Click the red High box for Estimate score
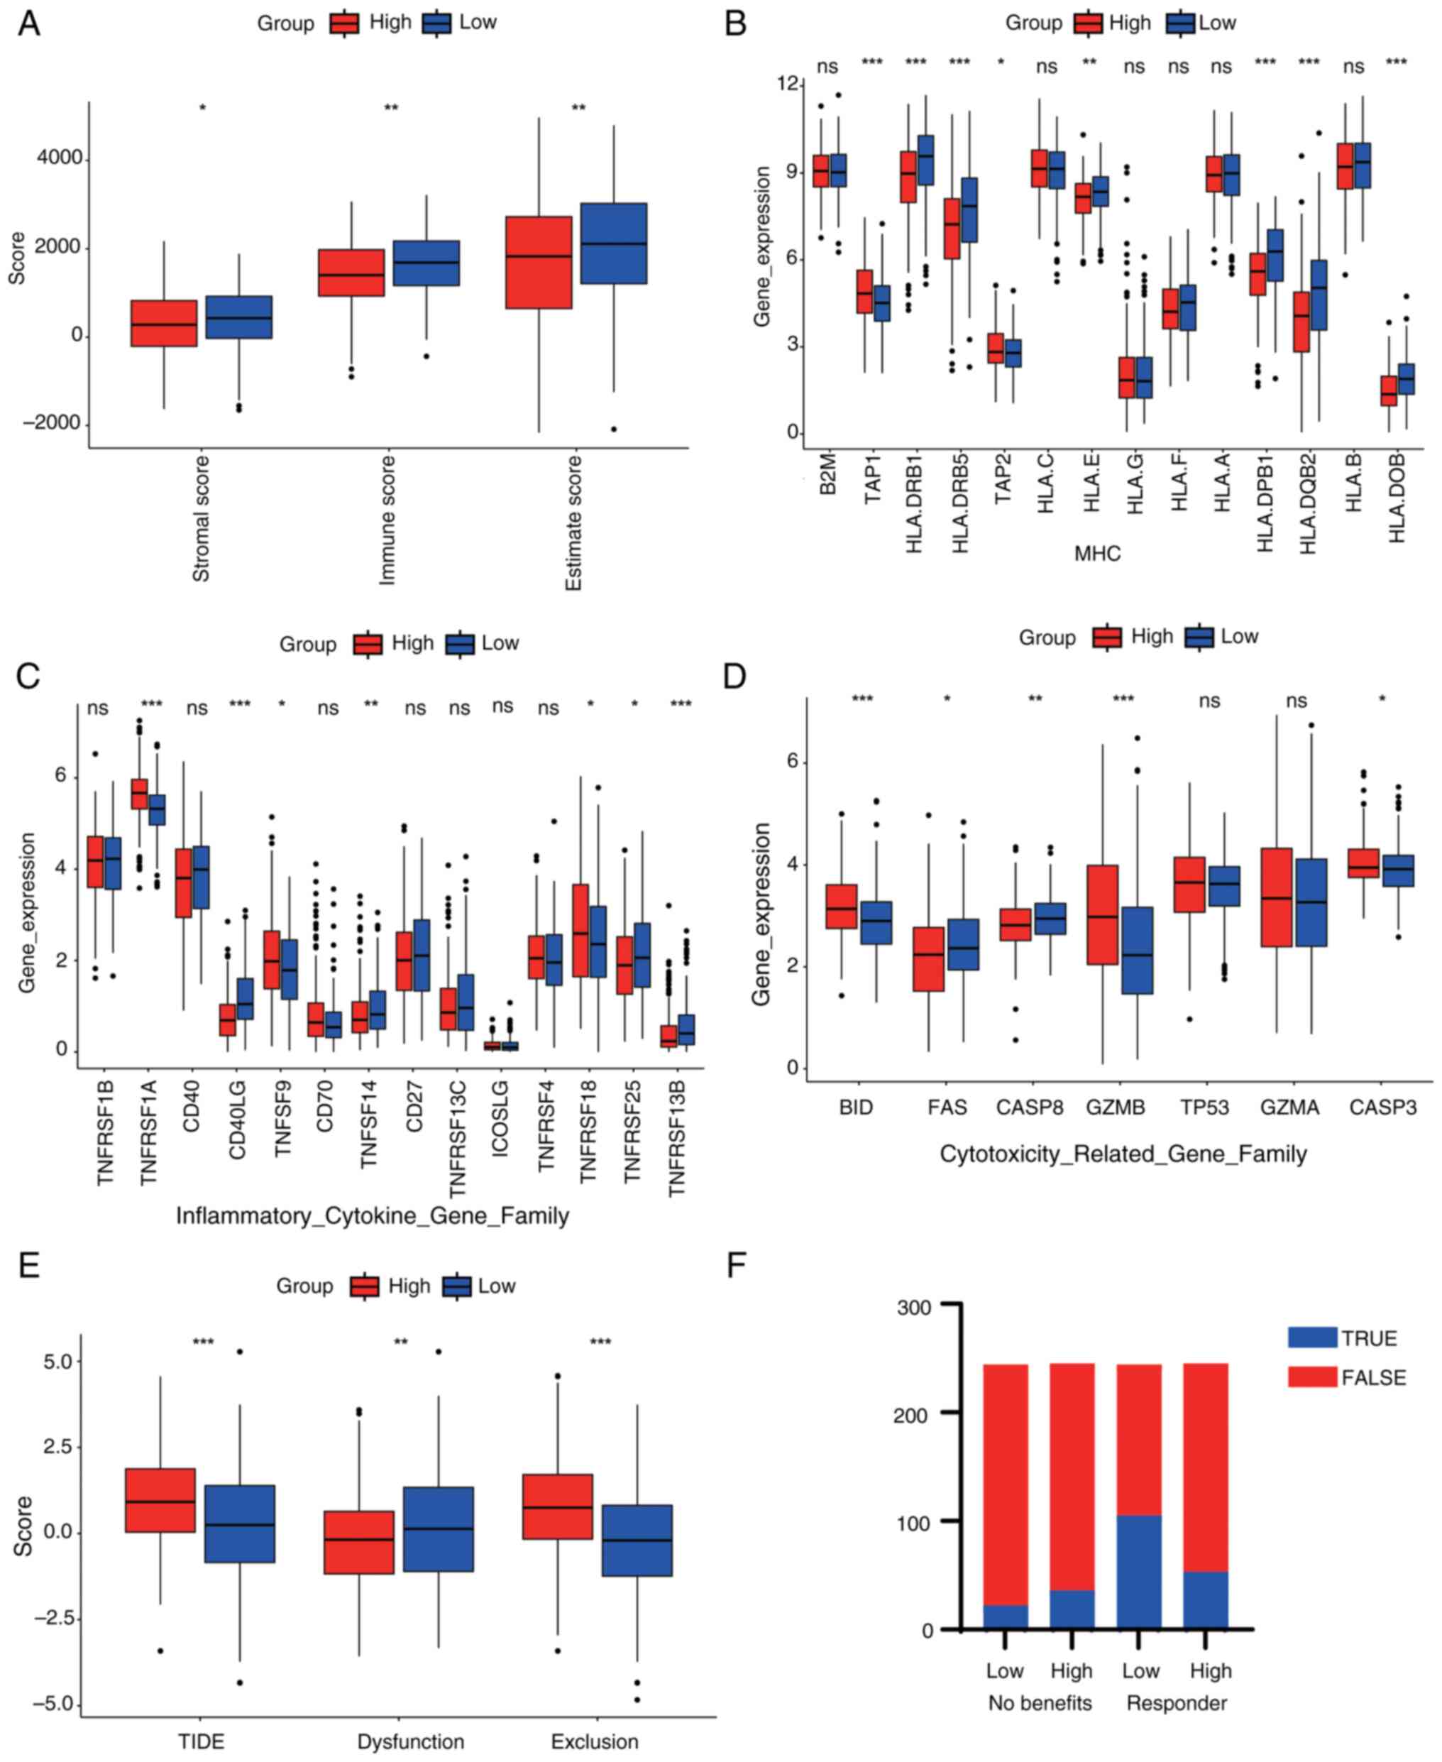click(x=539, y=263)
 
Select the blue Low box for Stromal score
click(x=238, y=317)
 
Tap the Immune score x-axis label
click(x=387, y=520)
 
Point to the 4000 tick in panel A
click(x=60, y=158)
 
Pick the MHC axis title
click(x=1097, y=553)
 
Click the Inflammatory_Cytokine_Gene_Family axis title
click(x=372, y=1216)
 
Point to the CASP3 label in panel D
click(x=1383, y=1107)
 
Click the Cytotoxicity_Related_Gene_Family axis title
click(x=1123, y=1154)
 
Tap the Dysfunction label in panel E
click(x=410, y=1741)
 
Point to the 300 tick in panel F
click(x=915, y=1308)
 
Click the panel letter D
click(x=735, y=677)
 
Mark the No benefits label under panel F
click(x=1040, y=1703)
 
